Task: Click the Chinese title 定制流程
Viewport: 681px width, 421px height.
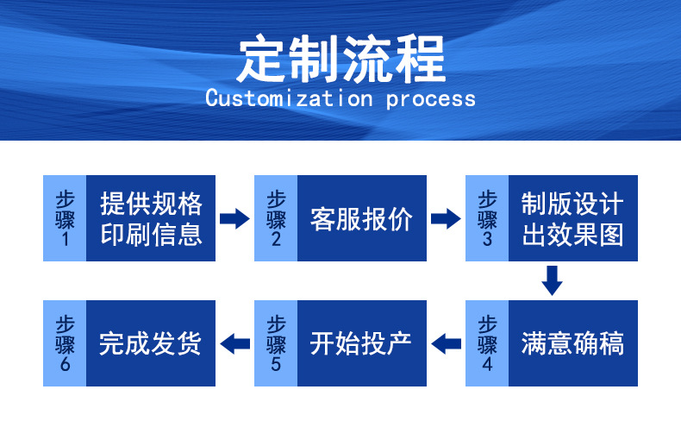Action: click(341, 60)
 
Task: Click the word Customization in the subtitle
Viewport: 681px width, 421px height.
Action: click(289, 98)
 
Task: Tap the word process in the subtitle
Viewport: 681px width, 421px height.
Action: click(431, 99)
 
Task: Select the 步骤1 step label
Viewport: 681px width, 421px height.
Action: click(65, 218)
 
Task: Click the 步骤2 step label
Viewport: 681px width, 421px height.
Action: click(276, 218)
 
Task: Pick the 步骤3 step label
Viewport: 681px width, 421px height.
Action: click(487, 218)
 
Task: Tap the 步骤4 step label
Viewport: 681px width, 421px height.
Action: click(487, 343)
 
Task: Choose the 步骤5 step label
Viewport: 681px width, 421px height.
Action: click(276, 343)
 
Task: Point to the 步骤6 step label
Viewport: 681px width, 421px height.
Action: click(65, 343)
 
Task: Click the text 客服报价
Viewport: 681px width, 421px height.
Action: click(361, 219)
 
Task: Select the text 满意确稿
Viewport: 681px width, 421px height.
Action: click(573, 343)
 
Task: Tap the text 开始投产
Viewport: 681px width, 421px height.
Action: click(361, 343)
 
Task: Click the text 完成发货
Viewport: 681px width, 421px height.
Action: click(150, 343)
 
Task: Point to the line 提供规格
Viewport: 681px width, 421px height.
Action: click(151, 204)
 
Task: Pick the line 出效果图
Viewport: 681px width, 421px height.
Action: click(573, 235)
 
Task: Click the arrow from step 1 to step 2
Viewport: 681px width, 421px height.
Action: click(234, 218)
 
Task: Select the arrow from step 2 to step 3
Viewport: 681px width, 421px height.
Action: click(446, 218)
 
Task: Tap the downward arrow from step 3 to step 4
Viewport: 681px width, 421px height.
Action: click(552, 280)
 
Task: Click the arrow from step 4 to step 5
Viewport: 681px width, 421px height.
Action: click(446, 343)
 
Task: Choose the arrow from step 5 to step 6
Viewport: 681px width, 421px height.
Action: click(235, 343)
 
